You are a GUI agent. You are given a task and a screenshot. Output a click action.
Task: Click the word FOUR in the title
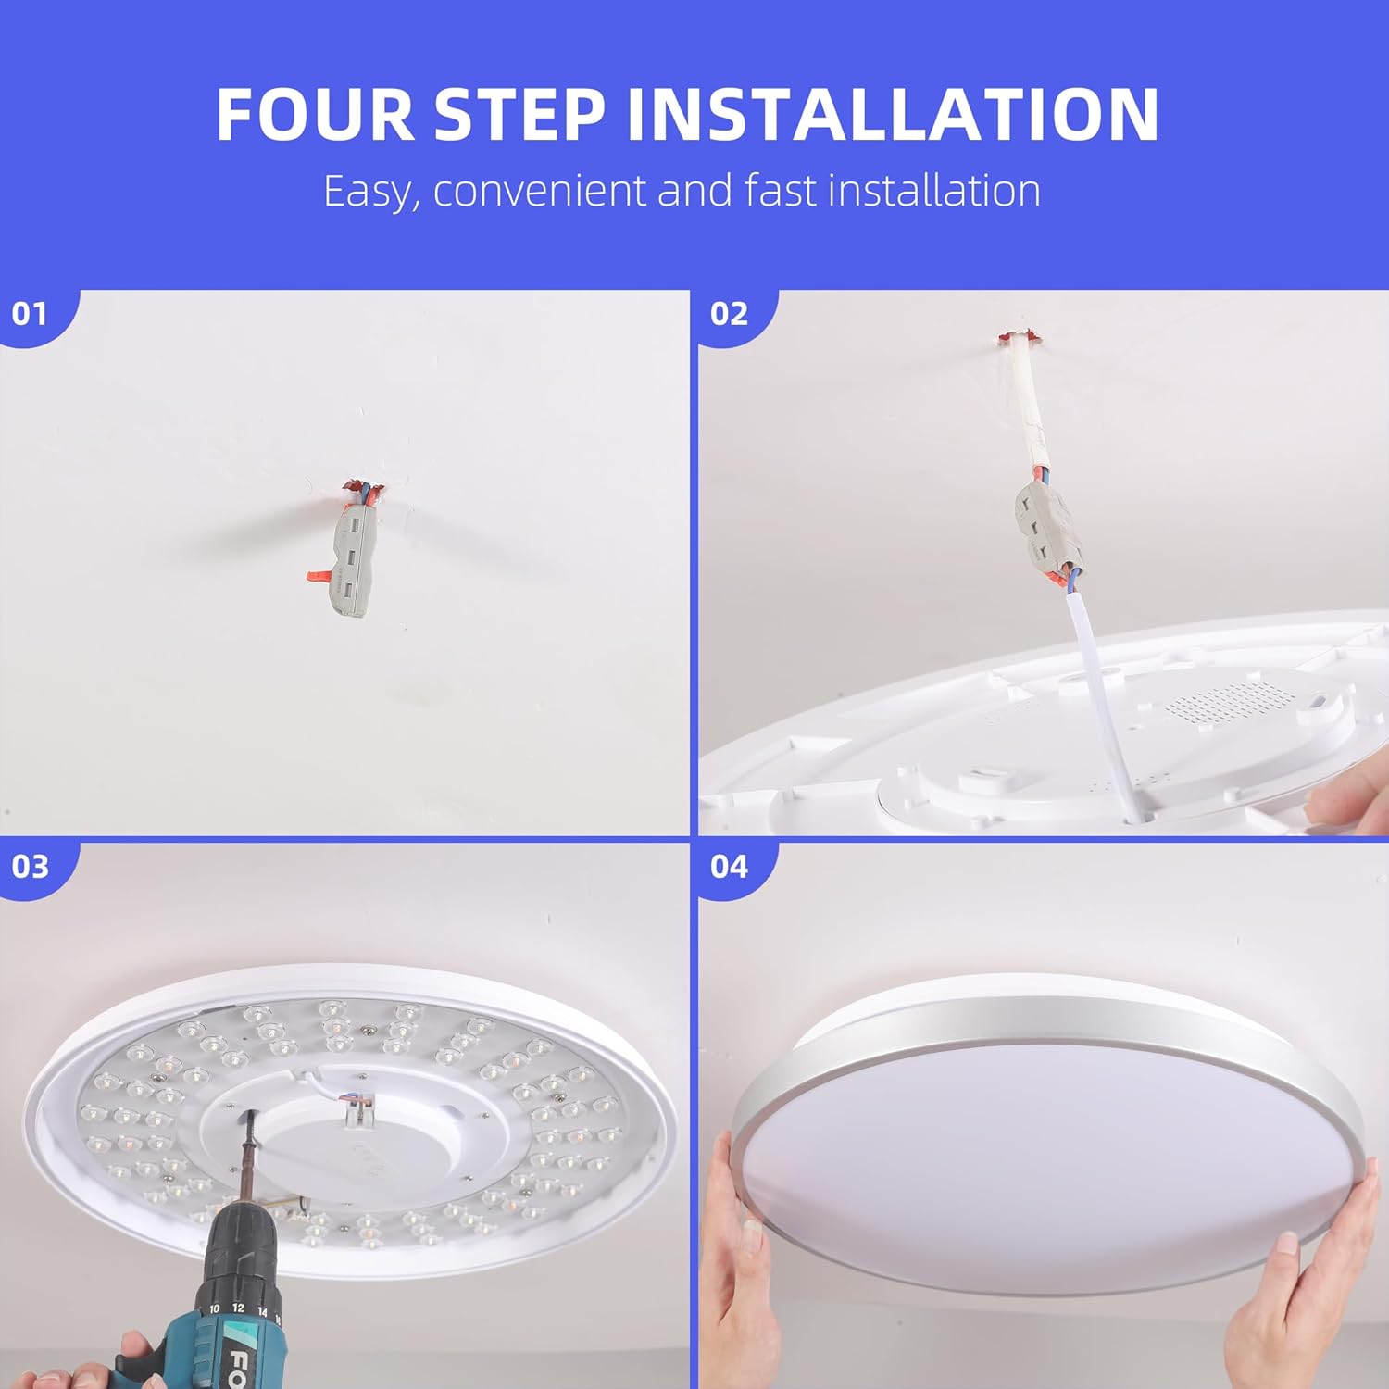click(x=316, y=115)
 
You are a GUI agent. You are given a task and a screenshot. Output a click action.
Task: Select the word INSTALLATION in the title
click(x=893, y=115)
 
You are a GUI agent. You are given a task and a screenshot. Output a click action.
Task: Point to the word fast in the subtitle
click(x=782, y=191)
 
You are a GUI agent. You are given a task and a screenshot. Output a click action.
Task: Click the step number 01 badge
click(x=30, y=315)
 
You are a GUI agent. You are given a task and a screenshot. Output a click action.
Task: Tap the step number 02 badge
click(x=729, y=315)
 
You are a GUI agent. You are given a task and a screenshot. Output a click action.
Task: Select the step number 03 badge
click(x=30, y=867)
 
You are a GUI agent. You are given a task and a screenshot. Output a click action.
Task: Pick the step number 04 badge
click(x=729, y=867)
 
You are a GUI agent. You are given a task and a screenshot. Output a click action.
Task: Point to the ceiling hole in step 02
click(x=1017, y=337)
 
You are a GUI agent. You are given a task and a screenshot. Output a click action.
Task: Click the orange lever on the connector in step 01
click(x=319, y=576)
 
